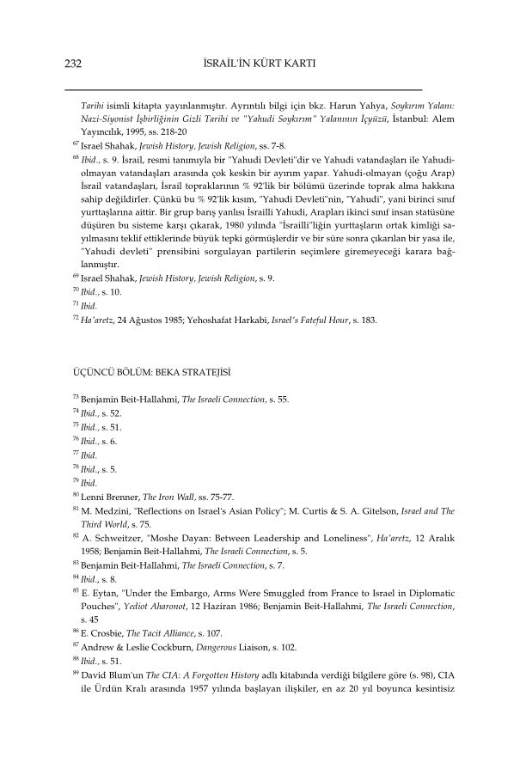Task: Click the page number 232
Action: (x=73, y=64)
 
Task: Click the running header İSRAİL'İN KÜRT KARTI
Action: (x=260, y=64)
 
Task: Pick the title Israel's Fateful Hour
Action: (x=314, y=320)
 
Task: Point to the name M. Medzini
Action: (x=104, y=512)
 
